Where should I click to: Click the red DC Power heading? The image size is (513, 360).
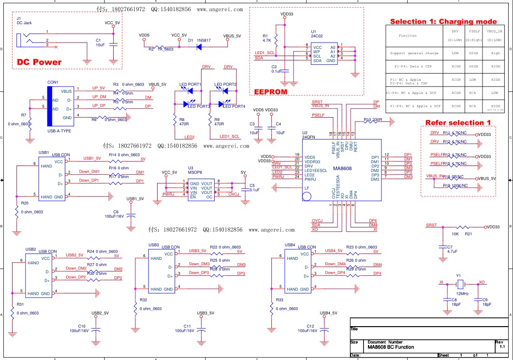coord(39,62)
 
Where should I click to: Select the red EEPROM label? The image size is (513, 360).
coord(271,91)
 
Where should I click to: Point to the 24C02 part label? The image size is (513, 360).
coord(317,36)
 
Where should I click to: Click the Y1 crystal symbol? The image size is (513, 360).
coord(461,284)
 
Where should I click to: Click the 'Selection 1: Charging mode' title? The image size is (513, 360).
coord(443,22)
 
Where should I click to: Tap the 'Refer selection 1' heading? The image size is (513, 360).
coord(457,122)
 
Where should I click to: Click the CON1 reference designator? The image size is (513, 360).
coord(53,82)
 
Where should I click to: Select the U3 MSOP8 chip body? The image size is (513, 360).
coord(201,190)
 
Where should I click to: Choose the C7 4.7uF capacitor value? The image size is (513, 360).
coord(453,252)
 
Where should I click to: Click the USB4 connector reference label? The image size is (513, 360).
coord(290,245)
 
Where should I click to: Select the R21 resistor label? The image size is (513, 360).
coord(468,234)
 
